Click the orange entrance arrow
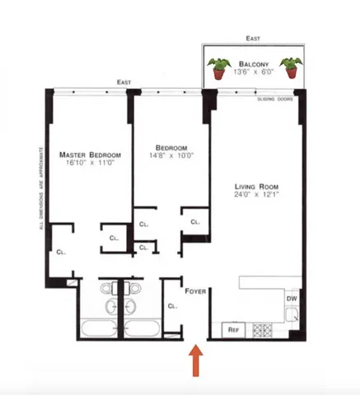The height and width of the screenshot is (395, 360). (x=196, y=360)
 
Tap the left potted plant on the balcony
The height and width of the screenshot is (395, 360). (x=219, y=67)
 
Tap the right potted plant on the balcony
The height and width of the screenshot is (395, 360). (x=289, y=67)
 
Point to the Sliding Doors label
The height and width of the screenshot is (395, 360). (x=275, y=97)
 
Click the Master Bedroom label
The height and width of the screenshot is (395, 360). (x=91, y=155)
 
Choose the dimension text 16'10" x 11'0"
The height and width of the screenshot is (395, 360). (x=91, y=165)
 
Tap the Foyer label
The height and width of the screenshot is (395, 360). (x=195, y=290)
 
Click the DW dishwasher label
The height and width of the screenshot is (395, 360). (x=292, y=299)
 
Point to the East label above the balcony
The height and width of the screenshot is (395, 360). (x=252, y=38)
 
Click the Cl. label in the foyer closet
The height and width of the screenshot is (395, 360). (x=172, y=306)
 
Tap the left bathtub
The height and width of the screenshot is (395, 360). (x=99, y=331)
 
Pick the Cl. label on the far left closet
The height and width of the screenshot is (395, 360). (x=61, y=253)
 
